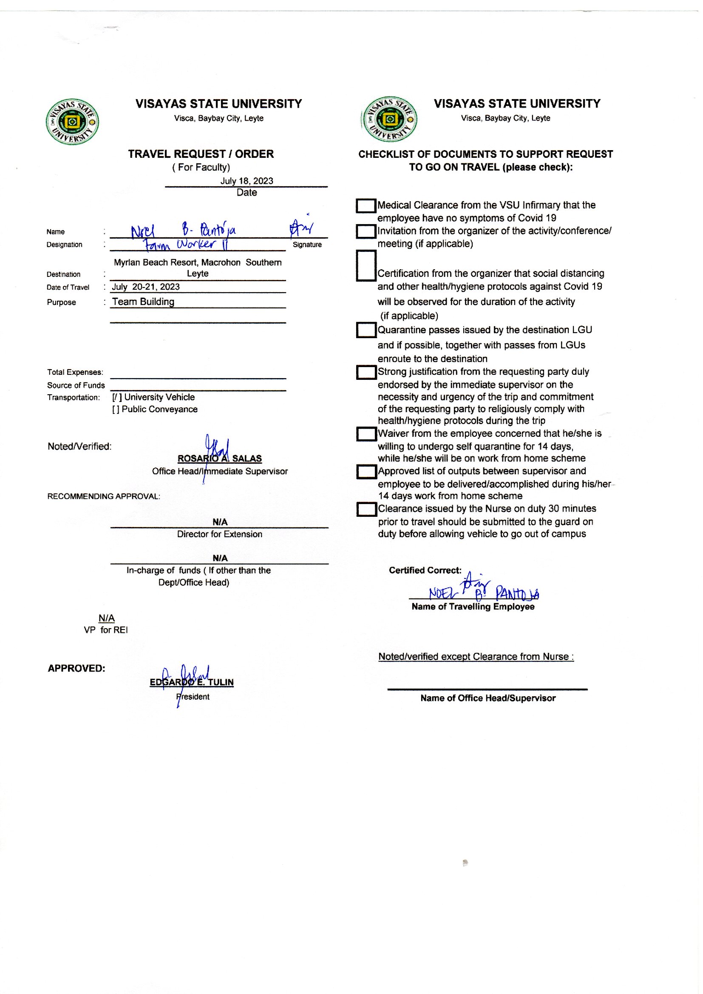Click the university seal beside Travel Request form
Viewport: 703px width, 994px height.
(x=72, y=122)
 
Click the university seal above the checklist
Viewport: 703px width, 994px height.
(x=389, y=119)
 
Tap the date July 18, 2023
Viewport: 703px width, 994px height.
(x=247, y=181)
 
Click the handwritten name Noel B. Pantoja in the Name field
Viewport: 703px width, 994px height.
(x=184, y=230)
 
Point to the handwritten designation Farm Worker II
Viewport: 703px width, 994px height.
(x=186, y=245)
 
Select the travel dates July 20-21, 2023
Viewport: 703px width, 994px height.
(x=145, y=287)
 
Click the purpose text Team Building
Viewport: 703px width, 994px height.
(x=143, y=302)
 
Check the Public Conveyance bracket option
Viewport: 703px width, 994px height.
(x=116, y=409)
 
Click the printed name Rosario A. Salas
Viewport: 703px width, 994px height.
(x=219, y=458)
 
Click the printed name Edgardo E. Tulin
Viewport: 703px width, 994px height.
(x=191, y=682)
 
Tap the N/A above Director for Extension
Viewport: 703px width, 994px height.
(x=219, y=522)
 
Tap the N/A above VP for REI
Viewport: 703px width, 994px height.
(x=107, y=618)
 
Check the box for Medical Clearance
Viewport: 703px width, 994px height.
(x=366, y=206)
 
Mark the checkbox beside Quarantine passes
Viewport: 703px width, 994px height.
(x=366, y=330)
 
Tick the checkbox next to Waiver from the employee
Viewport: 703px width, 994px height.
(x=366, y=434)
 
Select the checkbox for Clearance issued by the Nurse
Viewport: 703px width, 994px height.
(x=366, y=510)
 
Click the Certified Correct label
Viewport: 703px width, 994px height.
(x=425, y=570)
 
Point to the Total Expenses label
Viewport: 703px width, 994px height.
(x=75, y=372)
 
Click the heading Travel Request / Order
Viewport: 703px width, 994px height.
(x=201, y=154)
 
